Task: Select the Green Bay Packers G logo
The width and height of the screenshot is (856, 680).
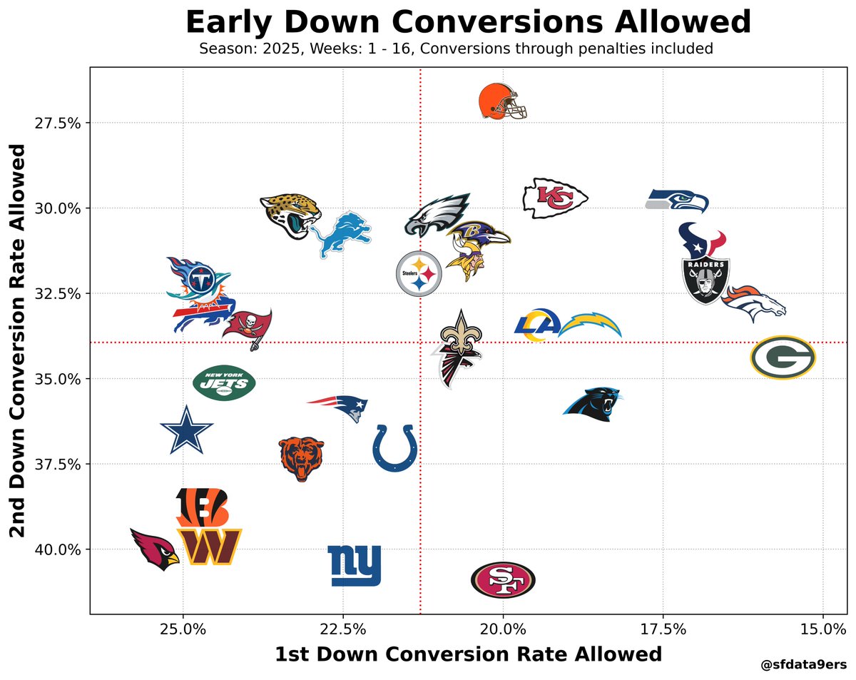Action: [783, 357]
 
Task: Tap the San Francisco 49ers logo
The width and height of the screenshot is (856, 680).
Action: [503, 579]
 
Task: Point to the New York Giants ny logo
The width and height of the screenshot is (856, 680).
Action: [355, 565]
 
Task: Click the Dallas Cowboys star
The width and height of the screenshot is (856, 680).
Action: [186, 430]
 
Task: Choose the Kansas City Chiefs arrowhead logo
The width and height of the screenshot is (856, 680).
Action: [555, 198]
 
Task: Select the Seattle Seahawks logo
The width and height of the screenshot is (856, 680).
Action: [678, 201]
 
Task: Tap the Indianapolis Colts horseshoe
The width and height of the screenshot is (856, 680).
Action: [394, 447]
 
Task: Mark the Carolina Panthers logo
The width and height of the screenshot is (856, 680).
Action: [593, 405]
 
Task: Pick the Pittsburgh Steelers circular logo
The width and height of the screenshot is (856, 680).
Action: [419, 273]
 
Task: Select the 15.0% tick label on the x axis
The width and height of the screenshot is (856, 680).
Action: [822, 629]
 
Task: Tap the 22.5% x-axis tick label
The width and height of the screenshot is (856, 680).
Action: [342, 629]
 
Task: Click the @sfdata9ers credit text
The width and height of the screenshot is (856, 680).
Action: [804, 665]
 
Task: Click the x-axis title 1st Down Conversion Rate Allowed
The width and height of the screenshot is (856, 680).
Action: [468, 654]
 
